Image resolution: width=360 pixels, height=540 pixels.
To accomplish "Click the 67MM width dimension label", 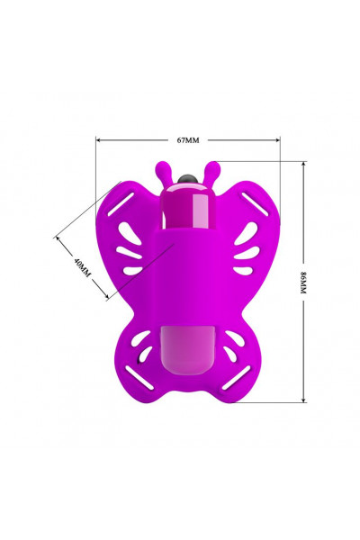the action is pyautogui.click(x=188, y=140).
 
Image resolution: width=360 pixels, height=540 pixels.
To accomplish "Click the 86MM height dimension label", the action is pyautogui.click(x=303, y=283).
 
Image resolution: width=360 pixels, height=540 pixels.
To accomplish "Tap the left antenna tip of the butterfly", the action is pyautogui.click(x=161, y=167).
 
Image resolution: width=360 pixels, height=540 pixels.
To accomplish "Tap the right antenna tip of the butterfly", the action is pyautogui.click(x=214, y=167).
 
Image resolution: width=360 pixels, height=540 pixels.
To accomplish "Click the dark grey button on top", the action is pyautogui.click(x=187, y=179).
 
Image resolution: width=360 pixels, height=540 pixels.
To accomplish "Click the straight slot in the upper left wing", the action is pyautogui.click(x=121, y=204).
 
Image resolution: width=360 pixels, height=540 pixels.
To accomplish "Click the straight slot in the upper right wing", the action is pyautogui.click(x=254, y=204).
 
